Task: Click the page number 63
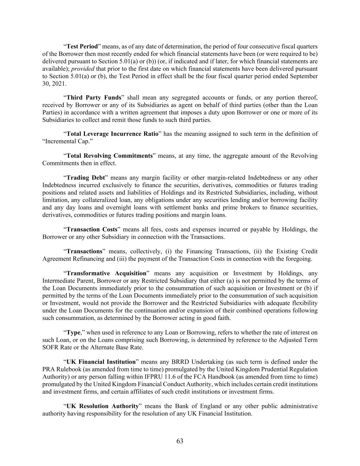pos(180,441)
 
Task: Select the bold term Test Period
pos(82,46)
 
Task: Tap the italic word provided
pos(83,69)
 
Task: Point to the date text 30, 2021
pos(54,84)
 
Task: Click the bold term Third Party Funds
pos(94,98)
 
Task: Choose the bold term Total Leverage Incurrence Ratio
pos(113,134)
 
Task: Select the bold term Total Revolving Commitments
pos(109,156)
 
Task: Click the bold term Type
pos(73,333)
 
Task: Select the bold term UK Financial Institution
pos(101,362)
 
